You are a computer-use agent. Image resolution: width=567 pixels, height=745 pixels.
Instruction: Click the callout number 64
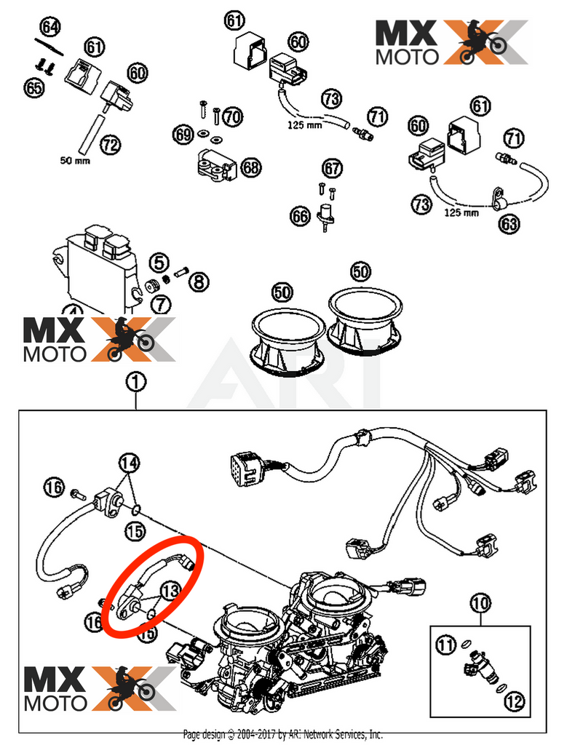click(50, 28)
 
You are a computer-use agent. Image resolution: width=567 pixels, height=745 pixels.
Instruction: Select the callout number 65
click(33, 87)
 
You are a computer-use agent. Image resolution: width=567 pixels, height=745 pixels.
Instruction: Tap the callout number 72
click(110, 145)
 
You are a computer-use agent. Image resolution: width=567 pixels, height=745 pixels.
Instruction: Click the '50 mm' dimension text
click(75, 160)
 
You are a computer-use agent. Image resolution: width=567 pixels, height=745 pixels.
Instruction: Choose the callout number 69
click(183, 134)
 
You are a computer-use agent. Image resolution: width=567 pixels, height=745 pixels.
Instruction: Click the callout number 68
click(250, 168)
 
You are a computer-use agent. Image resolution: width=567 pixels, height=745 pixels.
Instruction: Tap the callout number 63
click(509, 223)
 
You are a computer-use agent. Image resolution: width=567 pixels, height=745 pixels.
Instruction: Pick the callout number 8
click(200, 280)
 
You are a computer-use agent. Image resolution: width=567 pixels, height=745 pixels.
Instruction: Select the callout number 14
click(129, 462)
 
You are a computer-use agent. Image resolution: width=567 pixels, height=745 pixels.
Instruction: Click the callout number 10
click(481, 602)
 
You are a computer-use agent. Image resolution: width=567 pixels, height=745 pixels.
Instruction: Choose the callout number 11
click(446, 644)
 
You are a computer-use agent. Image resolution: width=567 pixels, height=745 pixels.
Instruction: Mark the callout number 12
click(514, 701)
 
